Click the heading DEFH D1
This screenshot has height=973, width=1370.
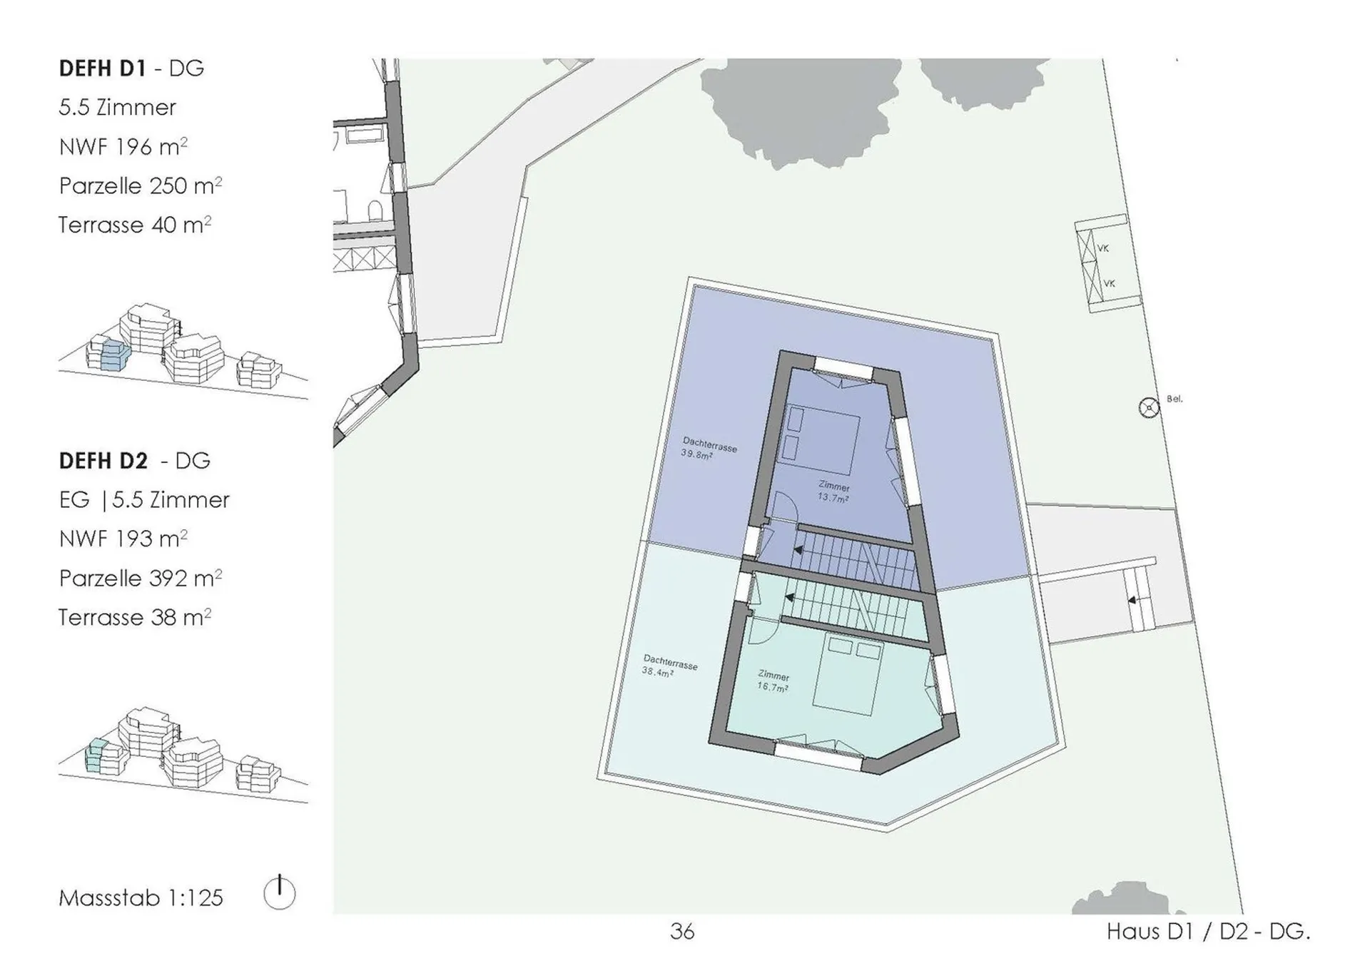click(x=102, y=68)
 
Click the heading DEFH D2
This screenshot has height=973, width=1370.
click(x=103, y=461)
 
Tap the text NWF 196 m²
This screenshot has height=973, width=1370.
click(x=123, y=146)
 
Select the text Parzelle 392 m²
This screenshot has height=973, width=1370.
click(x=141, y=578)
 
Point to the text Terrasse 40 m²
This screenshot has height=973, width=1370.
click(x=135, y=225)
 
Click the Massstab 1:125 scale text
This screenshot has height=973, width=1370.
click(x=141, y=897)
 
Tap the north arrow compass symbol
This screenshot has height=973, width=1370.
click(x=279, y=892)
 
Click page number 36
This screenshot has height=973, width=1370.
click(x=682, y=932)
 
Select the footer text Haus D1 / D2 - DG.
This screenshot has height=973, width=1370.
click(x=1209, y=932)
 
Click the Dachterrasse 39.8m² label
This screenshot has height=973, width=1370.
click(x=708, y=449)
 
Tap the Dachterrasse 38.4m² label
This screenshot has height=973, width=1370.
click(x=669, y=666)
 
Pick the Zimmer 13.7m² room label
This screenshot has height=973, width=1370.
click(x=833, y=492)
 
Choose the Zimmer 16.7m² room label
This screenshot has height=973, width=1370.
click(x=773, y=681)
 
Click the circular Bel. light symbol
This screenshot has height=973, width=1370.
click(x=1149, y=408)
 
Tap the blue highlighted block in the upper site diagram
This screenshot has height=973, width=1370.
click(x=114, y=355)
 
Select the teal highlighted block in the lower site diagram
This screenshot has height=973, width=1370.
click(x=96, y=756)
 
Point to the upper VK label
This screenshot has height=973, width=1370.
click(x=1103, y=248)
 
